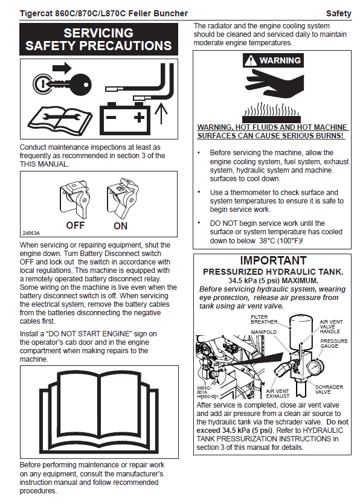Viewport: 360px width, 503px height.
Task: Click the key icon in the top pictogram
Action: coord(62,85)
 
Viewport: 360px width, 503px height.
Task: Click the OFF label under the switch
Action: coord(76,225)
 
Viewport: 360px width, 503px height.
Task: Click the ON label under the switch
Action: coord(120,226)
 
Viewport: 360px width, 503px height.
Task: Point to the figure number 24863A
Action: coord(31,233)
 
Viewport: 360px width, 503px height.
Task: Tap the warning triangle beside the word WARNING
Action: coord(251,60)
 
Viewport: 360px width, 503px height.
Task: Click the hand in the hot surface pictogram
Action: coord(274,83)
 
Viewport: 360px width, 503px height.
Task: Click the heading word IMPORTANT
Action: coord(274,260)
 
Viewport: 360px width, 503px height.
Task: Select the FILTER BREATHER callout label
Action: coord(264,319)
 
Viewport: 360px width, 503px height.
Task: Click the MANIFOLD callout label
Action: coord(263,332)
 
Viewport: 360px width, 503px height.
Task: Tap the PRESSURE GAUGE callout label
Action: coord(333,343)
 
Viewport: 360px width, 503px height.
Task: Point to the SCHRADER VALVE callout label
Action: coord(329,389)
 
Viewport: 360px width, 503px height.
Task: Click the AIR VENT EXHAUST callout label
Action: coord(277,394)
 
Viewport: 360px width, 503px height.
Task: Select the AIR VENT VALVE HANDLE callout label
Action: coord(331,327)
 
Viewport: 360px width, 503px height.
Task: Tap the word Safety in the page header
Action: coord(338,13)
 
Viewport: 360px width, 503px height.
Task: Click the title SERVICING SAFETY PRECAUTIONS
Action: coord(98,39)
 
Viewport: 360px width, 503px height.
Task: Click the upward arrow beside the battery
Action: coord(161,114)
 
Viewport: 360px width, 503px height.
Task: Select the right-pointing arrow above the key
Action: coord(62,68)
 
